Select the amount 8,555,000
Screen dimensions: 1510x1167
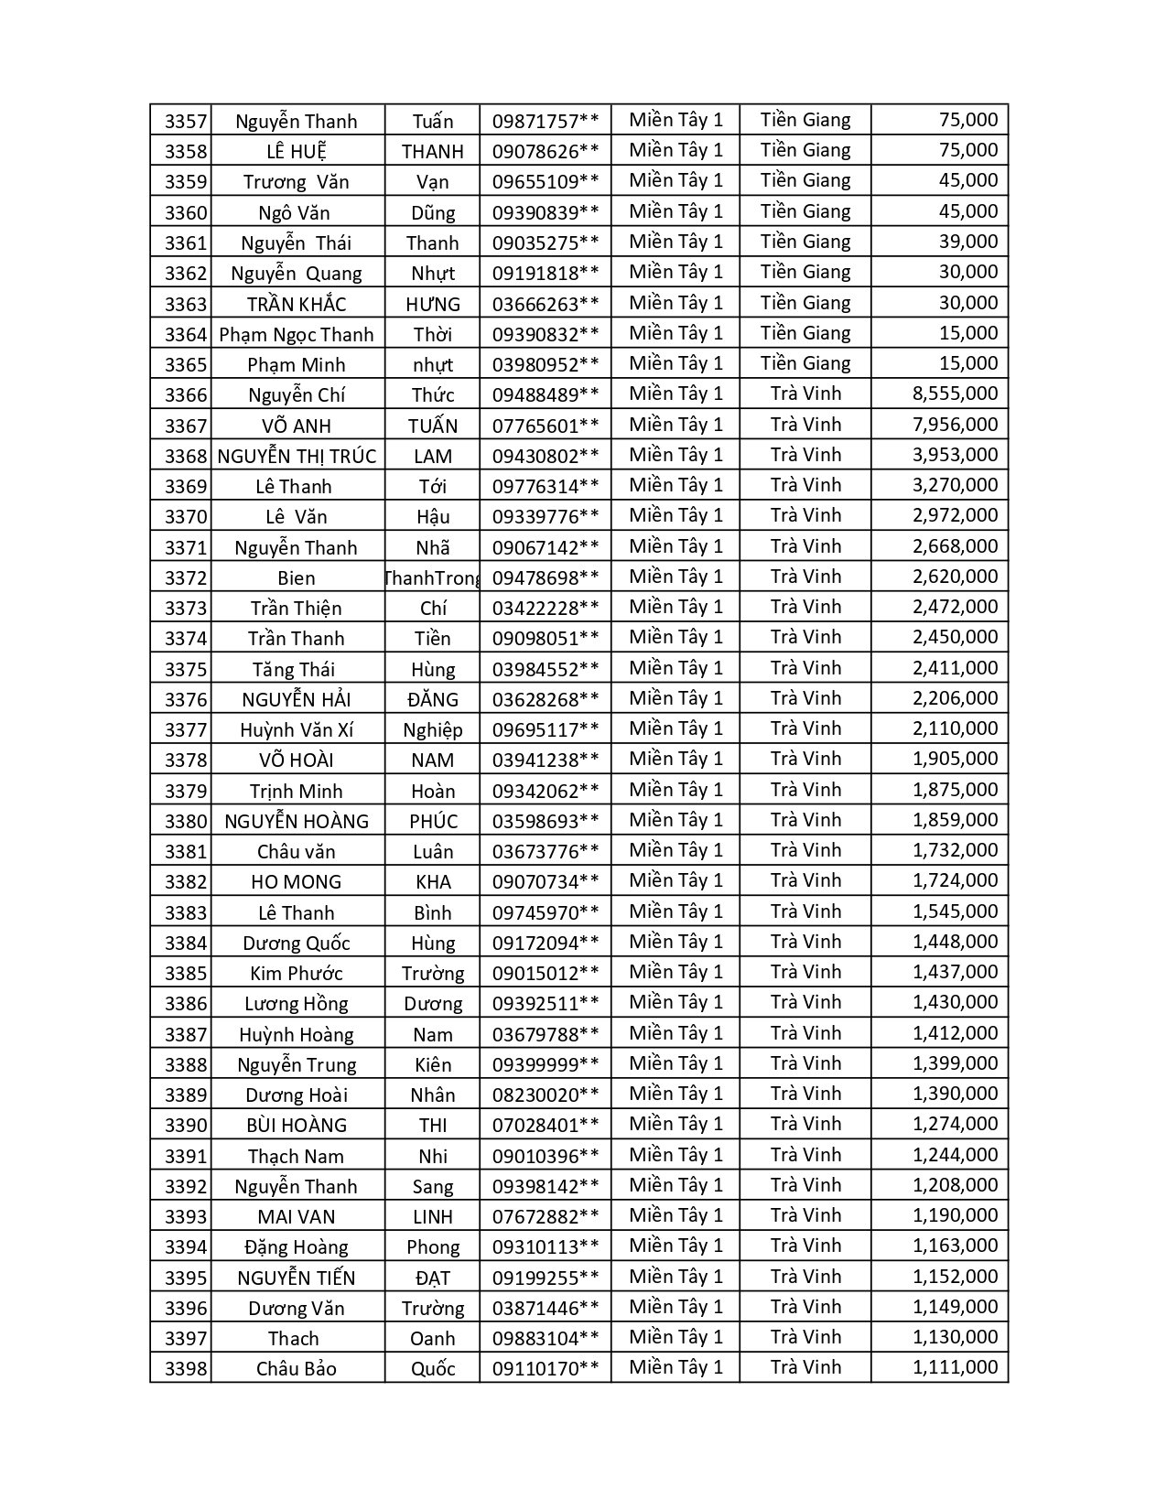pos(955,394)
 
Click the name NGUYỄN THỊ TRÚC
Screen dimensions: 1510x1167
pos(297,456)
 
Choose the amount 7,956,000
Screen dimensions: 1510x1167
pos(955,426)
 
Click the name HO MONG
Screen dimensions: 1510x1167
pos(296,882)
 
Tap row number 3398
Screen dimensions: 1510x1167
pos(186,1369)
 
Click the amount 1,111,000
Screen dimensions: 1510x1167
pos(955,1368)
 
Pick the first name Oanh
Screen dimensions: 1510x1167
pos(433,1339)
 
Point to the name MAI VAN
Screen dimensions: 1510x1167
pos(296,1217)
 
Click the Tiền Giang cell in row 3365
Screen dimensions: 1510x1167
pos(805,364)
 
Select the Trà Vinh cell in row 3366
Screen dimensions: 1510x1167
pos(805,394)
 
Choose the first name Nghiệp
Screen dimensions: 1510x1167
pos(433,730)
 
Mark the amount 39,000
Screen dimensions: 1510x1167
pos(967,243)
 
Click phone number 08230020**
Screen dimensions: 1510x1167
pos(546,1095)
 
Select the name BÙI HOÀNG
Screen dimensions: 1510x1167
pos(297,1126)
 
